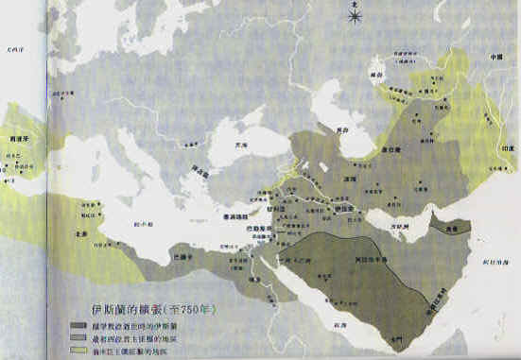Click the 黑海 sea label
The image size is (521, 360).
(x=242, y=147)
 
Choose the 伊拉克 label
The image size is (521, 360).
(x=343, y=203)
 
